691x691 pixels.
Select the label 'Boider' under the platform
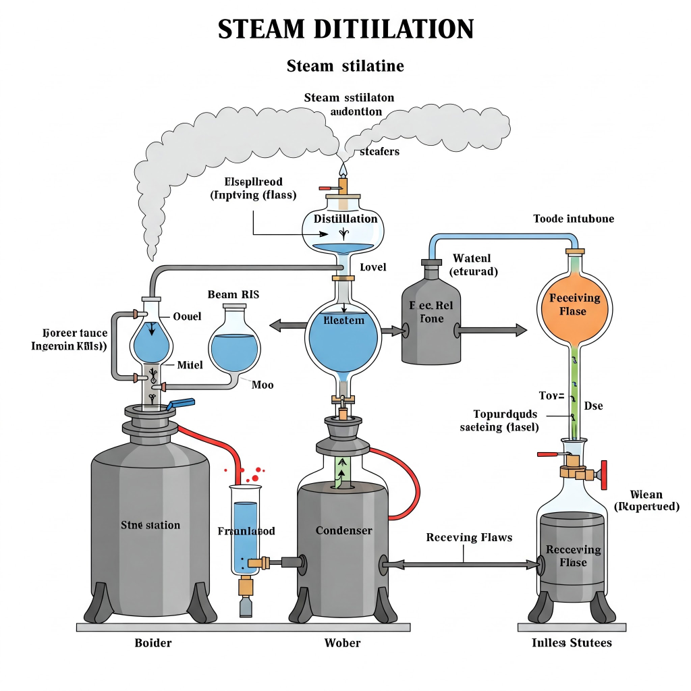153,642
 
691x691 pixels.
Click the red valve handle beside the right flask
604,474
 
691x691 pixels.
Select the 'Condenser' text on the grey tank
343,530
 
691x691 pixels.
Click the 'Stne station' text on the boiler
150,525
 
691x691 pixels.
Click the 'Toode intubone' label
574,219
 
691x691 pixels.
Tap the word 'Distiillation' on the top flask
345,219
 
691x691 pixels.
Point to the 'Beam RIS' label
233,294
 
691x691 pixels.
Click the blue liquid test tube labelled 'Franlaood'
245,533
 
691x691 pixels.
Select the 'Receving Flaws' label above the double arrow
469,538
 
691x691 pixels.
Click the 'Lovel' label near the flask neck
372,267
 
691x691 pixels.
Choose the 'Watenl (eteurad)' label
474,265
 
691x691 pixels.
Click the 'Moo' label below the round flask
262,385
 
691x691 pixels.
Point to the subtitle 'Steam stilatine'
345,66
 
